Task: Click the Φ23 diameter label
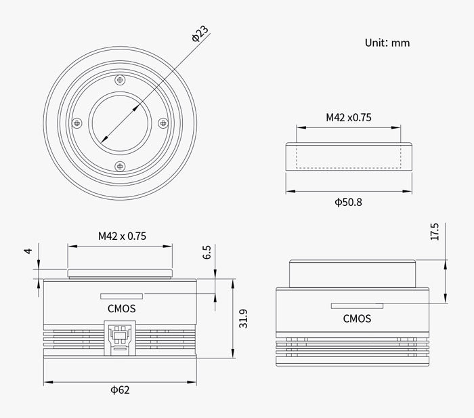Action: (x=200, y=35)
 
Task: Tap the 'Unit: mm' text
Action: (x=387, y=43)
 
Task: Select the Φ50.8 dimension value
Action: (x=348, y=202)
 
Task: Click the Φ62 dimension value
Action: (x=120, y=390)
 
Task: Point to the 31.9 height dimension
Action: (x=243, y=318)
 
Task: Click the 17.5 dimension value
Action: (x=435, y=232)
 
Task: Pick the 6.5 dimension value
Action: (x=207, y=252)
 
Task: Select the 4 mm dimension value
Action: (x=28, y=251)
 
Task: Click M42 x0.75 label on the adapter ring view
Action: (x=348, y=117)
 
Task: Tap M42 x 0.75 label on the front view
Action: (x=122, y=236)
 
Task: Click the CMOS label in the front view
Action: (x=121, y=308)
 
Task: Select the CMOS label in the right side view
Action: (x=357, y=318)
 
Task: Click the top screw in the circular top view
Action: (x=121, y=80)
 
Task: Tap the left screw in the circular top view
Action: (x=78, y=123)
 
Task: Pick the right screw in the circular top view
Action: (x=162, y=123)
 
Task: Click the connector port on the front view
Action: (x=120, y=337)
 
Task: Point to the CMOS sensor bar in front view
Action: (x=121, y=296)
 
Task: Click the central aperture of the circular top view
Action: (x=120, y=122)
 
